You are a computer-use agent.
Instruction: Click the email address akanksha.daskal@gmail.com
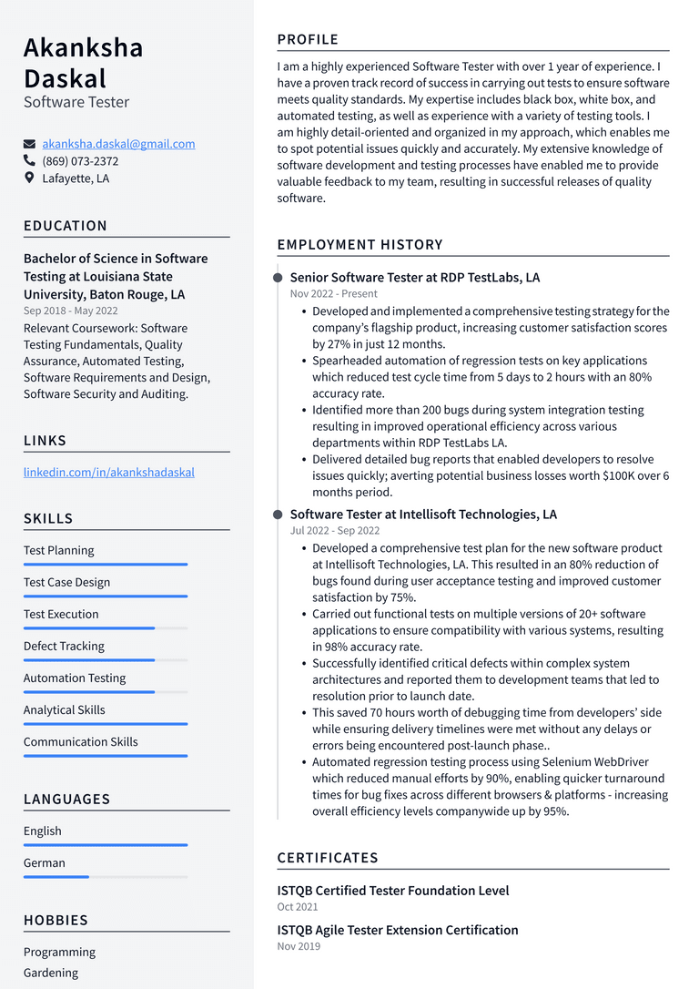tap(118, 144)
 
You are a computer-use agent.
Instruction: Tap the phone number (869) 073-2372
tap(80, 161)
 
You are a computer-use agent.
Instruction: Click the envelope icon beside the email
tap(30, 144)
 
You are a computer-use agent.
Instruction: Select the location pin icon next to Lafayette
tap(30, 178)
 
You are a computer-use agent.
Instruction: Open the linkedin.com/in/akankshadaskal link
tap(108, 472)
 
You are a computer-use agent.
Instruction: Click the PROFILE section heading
tap(308, 39)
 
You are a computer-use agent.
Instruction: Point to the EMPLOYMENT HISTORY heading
tap(360, 244)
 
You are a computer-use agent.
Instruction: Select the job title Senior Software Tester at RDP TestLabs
tap(414, 277)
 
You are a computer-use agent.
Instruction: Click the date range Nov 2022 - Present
tap(333, 294)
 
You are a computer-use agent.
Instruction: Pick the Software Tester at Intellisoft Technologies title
tap(423, 515)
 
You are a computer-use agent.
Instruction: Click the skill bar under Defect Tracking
tap(105, 660)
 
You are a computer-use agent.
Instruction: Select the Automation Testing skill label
tap(75, 678)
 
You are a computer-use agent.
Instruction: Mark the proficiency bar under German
tap(105, 877)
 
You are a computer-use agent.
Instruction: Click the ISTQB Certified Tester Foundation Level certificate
tap(392, 891)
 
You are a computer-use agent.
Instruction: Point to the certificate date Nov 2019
tap(299, 946)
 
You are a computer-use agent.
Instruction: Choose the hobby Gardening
tap(51, 973)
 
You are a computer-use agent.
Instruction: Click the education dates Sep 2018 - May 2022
tap(71, 311)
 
